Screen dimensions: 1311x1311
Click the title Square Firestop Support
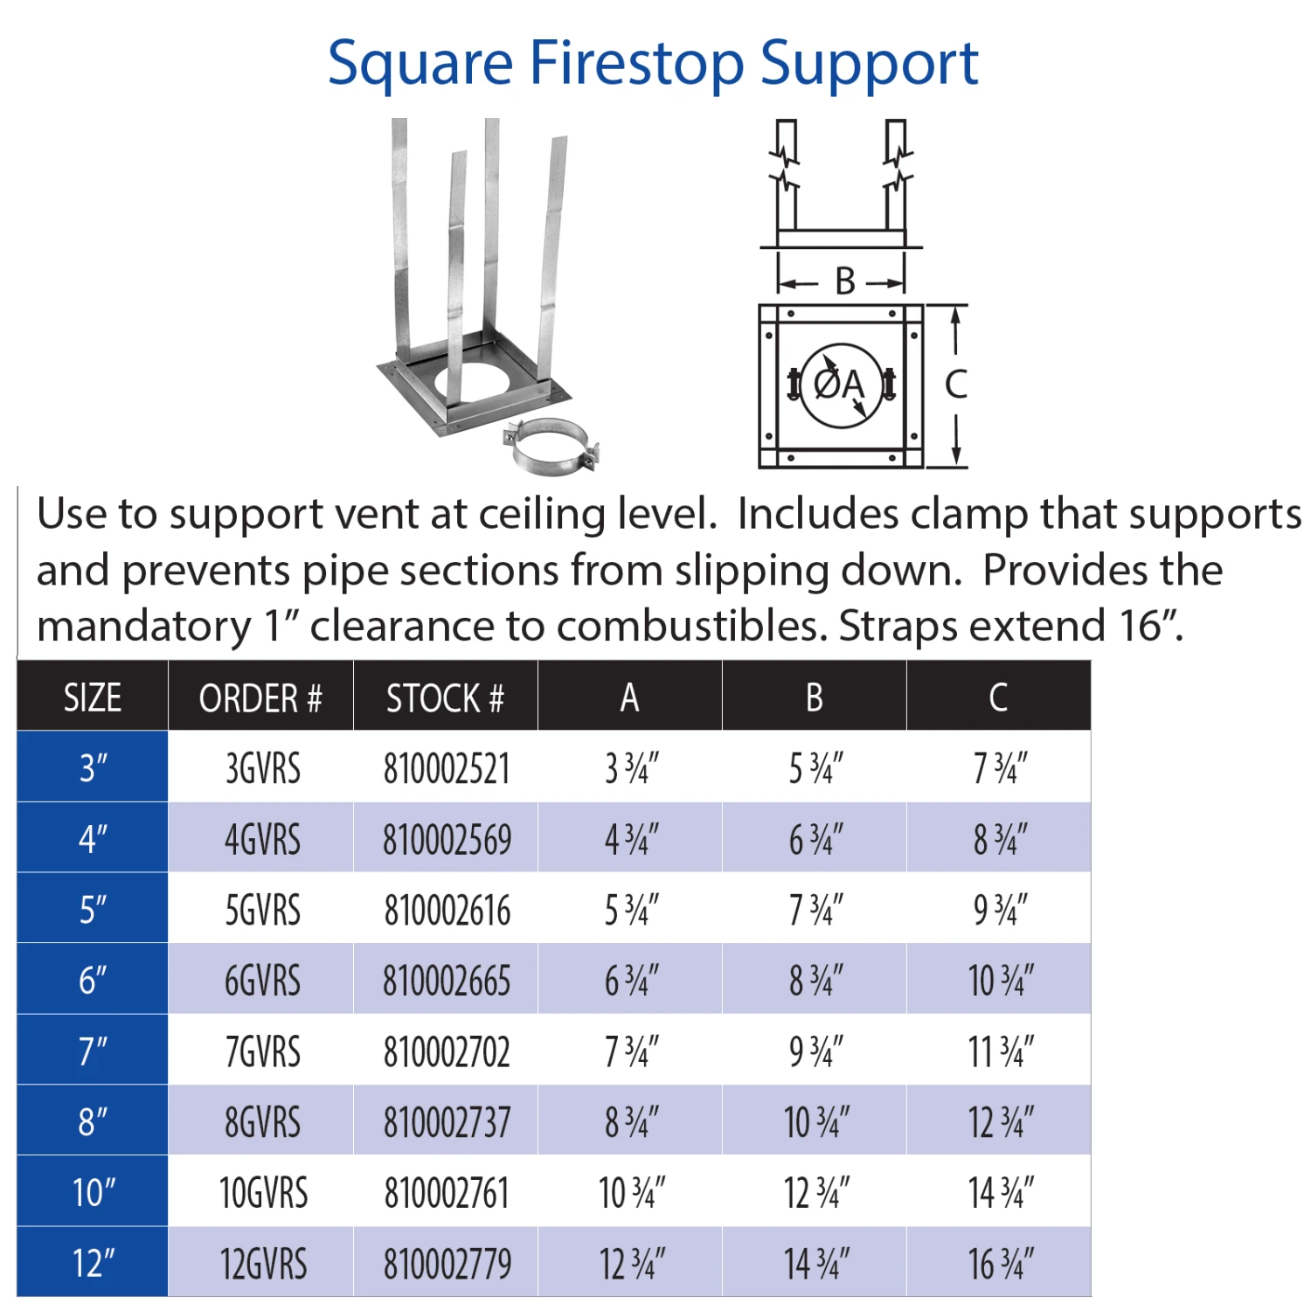653,63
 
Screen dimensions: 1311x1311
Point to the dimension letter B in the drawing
844,281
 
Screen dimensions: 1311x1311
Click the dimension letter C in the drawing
956,385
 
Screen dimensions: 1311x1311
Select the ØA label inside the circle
838,384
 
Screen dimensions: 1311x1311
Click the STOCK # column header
445,697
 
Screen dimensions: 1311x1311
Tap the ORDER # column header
260,697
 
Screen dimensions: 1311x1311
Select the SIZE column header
93,697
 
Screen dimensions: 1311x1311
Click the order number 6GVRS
262,981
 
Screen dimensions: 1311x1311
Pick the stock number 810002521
447,769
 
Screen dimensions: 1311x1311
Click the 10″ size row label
94,1193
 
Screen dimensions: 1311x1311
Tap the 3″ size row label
94,768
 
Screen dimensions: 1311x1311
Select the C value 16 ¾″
1000,1264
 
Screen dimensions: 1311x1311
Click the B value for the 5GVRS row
815,910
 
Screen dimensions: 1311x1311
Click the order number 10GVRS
263,1193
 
